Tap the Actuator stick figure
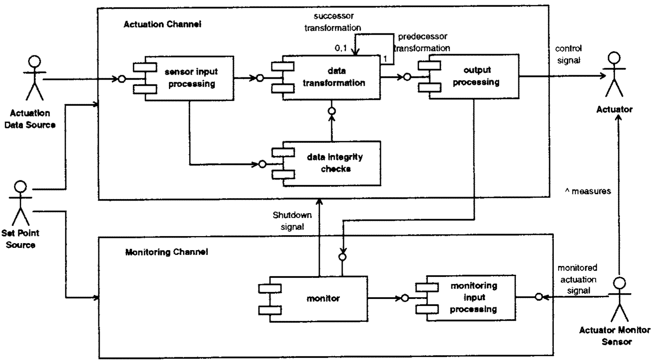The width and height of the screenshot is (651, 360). coord(614,75)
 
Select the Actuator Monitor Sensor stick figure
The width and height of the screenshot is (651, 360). coord(619,299)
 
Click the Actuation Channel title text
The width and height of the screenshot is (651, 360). coord(162,24)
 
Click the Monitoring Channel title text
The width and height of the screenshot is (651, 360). coord(167,252)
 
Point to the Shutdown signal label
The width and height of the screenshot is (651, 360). coord(292,221)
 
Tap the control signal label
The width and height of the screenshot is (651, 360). coord(568,55)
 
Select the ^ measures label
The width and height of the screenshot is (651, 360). coord(588,191)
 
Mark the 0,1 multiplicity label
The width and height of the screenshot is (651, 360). coord(341,48)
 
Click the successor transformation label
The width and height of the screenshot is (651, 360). coord(333,22)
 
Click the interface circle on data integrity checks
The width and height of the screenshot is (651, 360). coord(263,164)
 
